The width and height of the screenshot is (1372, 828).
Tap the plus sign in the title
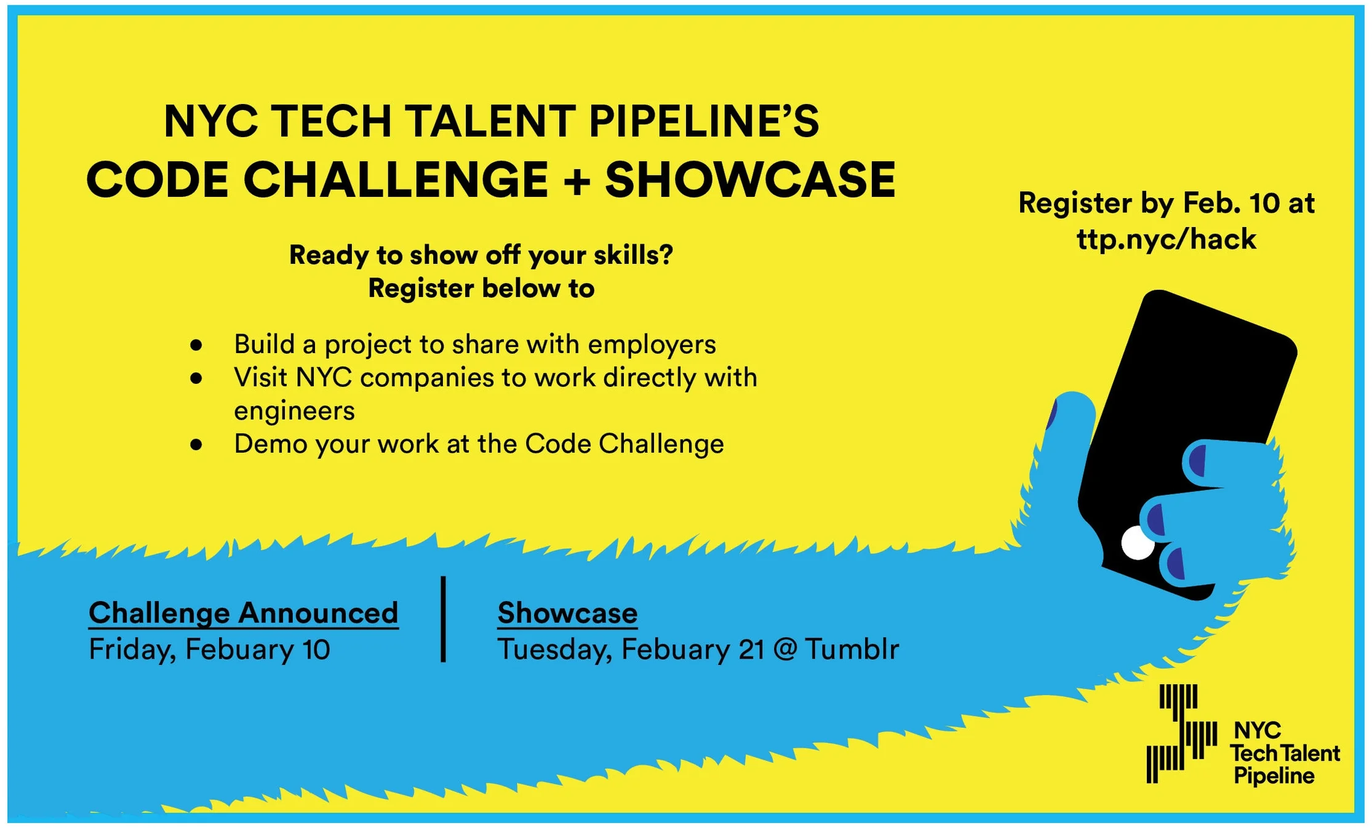click(x=576, y=181)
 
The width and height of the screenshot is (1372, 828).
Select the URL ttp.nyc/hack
click(x=1166, y=239)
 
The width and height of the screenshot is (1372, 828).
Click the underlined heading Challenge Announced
click(x=244, y=614)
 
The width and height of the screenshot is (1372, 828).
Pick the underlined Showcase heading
click(x=567, y=613)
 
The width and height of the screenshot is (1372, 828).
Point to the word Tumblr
click(x=852, y=649)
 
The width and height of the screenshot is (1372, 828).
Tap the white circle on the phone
click(x=1138, y=543)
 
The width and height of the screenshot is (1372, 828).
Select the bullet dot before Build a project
click(x=196, y=345)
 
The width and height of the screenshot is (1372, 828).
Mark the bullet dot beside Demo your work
click(x=196, y=445)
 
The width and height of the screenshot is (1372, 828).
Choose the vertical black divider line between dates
click(x=443, y=619)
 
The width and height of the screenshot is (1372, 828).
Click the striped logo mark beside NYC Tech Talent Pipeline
click(x=1182, y=733)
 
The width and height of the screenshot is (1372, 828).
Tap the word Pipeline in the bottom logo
click(x=1274, y=776)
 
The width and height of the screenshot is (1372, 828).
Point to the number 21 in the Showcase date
click(x=751, y=650)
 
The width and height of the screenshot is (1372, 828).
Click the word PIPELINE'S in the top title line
click(x=704, y=121)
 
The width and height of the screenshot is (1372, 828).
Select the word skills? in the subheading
click(x=633, y=255)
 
